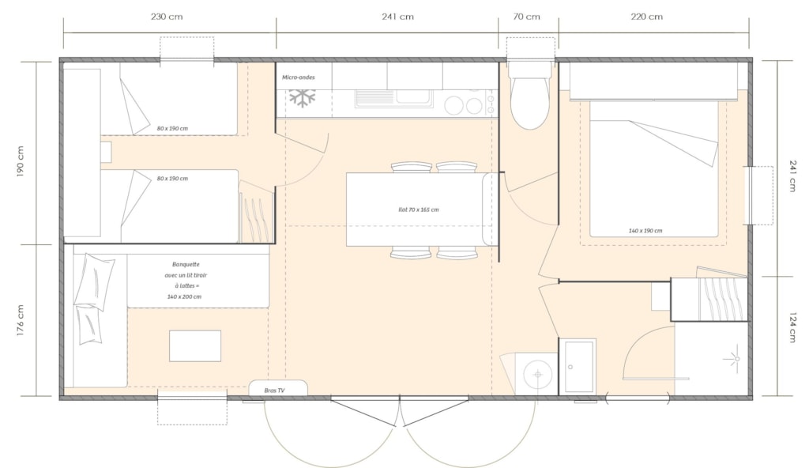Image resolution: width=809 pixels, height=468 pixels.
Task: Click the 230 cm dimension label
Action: click(x=167, y=17)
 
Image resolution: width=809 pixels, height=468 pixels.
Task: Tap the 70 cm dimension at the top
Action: click(x=526, y=17)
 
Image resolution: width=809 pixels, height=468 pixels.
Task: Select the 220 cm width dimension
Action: click(x=646, y=17)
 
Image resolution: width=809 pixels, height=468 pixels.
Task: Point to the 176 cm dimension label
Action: click(x=21, y=320)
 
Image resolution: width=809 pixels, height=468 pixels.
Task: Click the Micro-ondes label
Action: click(x=298, y=77)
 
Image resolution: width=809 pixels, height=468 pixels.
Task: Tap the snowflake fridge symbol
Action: click(x=302, y=97)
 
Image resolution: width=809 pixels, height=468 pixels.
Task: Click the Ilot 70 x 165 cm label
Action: click(x=419, y=209)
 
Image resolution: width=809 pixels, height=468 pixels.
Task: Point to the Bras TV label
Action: click(x=274, y=391)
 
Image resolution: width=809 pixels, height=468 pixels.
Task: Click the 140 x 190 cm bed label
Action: click(x=645, y=231)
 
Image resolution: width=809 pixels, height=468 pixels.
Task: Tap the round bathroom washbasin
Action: click(x=537, y=374)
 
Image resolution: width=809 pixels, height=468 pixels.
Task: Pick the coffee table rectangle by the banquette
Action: click(x=195, y=346)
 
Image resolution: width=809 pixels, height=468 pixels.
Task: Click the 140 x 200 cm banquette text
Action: click(x=184, y=297)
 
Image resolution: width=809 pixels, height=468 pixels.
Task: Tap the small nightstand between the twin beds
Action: click(x=106, y=152)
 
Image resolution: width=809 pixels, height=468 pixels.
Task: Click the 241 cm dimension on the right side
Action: click(x=792, y=175)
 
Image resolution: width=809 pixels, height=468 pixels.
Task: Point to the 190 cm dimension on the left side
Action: click(x=21, y=161)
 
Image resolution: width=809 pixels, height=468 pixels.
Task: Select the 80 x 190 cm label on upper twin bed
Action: click(x=172, y=129)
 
